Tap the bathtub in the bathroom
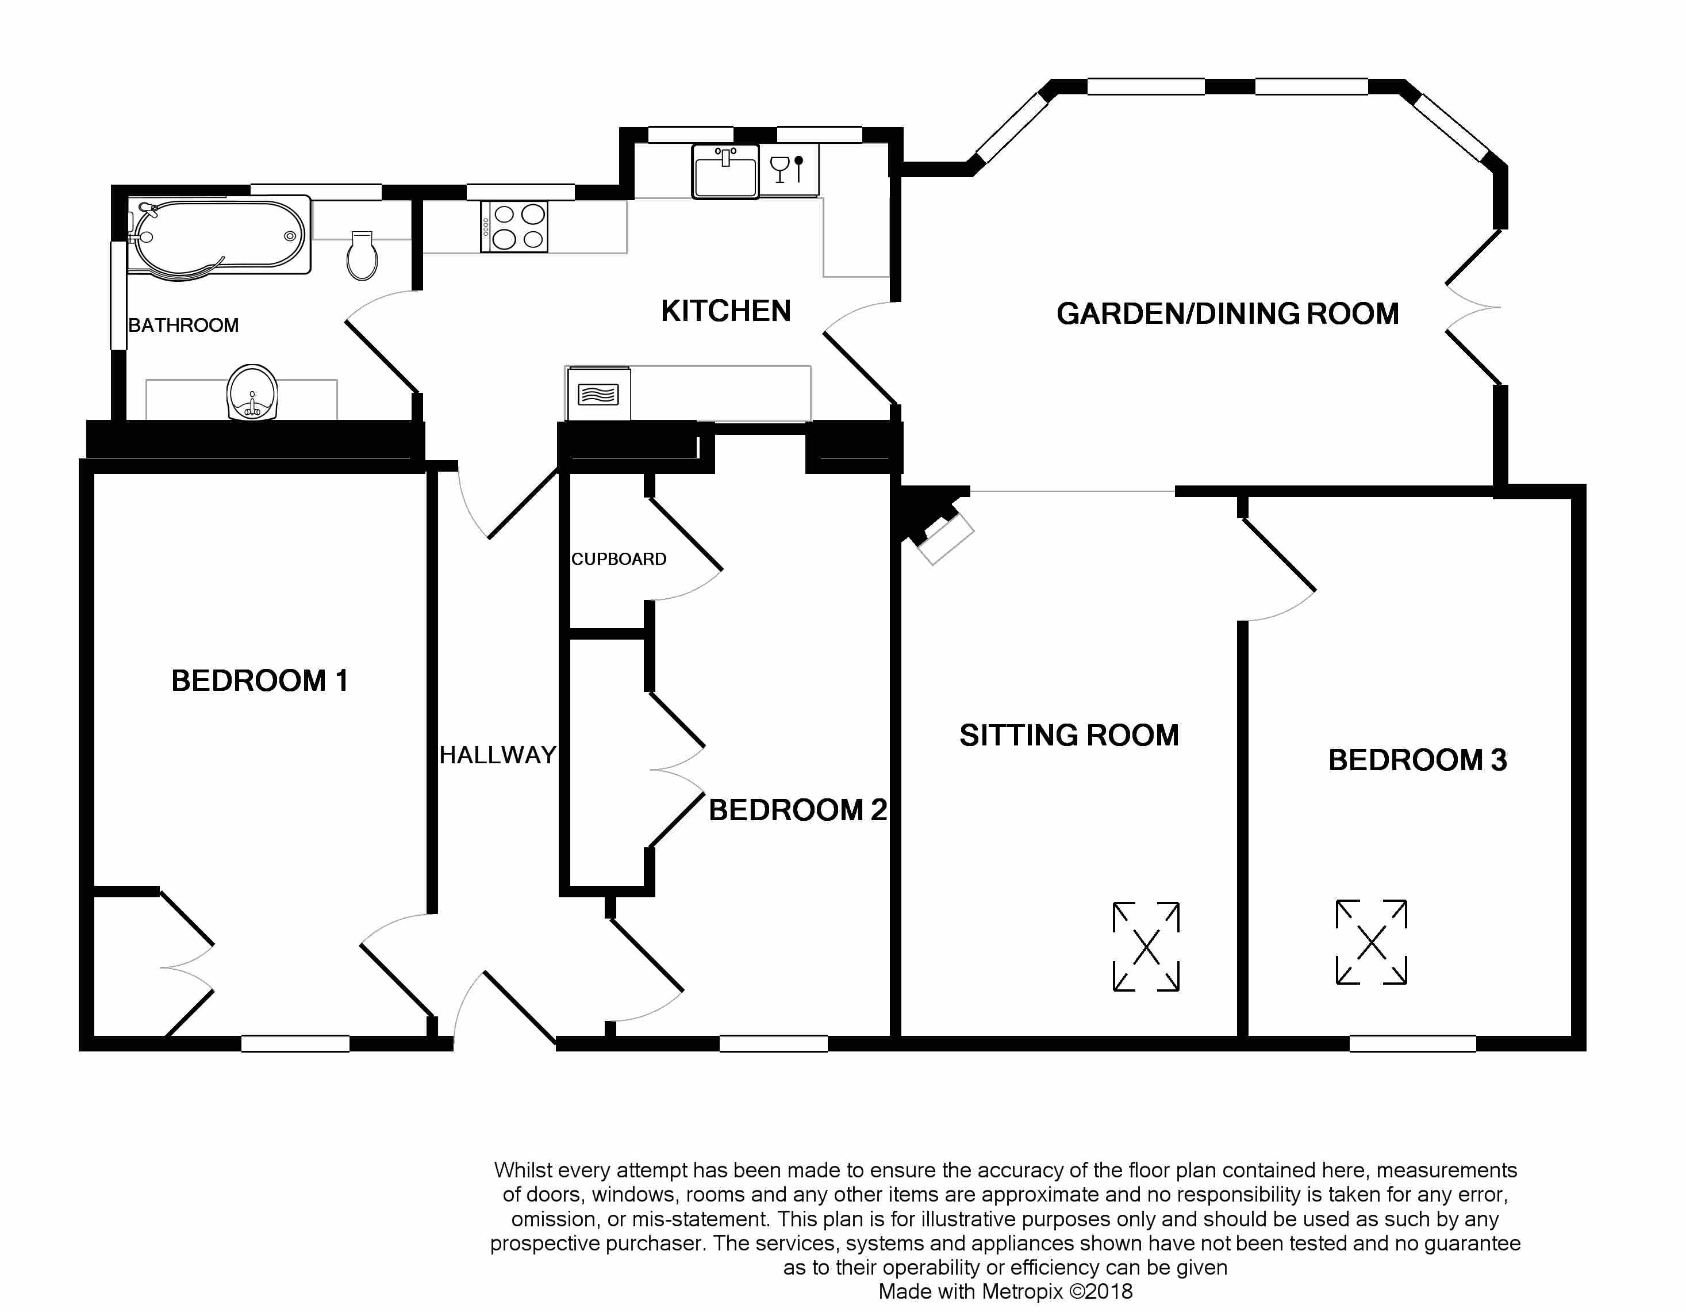(220, 237)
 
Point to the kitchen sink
(725, 171)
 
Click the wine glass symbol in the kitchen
(779, 169)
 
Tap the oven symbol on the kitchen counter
(598, 395)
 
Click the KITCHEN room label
(725, 311)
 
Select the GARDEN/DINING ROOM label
(1227, 313)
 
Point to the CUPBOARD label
(619, 559)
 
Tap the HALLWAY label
(498, 755)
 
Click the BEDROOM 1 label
(259, 680)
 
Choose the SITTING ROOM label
(1069, 735)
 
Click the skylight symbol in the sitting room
(1146, 946)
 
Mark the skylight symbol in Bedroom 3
(1371, 942)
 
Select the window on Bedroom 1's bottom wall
(295, 1043)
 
